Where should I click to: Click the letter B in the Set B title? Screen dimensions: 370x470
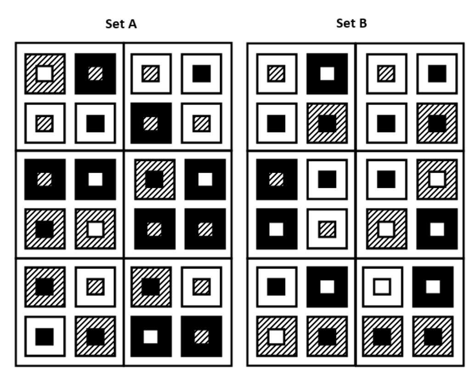click(x=363, y=23)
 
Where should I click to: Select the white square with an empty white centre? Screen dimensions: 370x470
click(x=382, y=287)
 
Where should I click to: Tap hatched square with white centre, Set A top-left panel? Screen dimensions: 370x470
click(x=45, y=73)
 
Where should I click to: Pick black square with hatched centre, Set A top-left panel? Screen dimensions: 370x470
click(x=96, y=73)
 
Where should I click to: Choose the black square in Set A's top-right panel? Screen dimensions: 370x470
click(x=151, y=123)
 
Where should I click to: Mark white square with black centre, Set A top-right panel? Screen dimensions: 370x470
click(x=201, y=73)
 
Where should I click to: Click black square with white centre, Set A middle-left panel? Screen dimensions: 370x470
click(x=96, y=179)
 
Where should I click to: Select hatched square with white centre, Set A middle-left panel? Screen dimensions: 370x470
click(x=96, y=229)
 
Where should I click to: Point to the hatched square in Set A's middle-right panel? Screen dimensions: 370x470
click(x=155, y=179)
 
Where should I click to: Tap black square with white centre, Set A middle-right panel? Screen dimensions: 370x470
click(x=205, y=179)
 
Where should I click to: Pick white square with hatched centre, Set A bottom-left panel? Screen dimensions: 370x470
click(x=96, y=287)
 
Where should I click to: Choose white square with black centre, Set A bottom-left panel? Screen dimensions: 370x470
click(x=45, y=336)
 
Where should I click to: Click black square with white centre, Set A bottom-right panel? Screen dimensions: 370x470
click(x=151, y=336)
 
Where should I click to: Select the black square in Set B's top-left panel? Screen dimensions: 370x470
click(x=327, y=73)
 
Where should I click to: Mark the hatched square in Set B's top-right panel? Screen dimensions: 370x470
click(x=437, y=123)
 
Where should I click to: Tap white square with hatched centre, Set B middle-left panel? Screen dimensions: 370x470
click(x=327, y=229)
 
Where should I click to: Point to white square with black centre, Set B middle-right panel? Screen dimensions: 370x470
click(x=386, y=179)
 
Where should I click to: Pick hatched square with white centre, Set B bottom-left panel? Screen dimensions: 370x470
click(x=276, y=336)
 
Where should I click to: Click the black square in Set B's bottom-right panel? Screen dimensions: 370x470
click(x=433, y=287)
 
